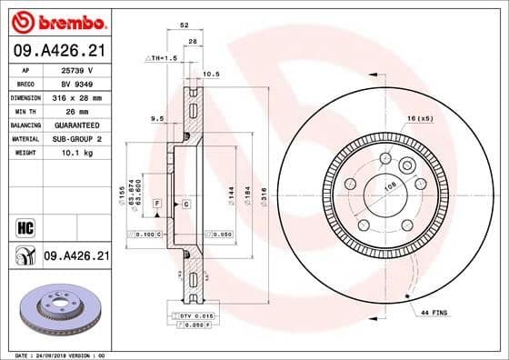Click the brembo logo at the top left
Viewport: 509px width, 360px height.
point(56,20)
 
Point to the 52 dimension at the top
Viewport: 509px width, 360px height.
point(185,25)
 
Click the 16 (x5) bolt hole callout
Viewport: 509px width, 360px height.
point(421,119)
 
